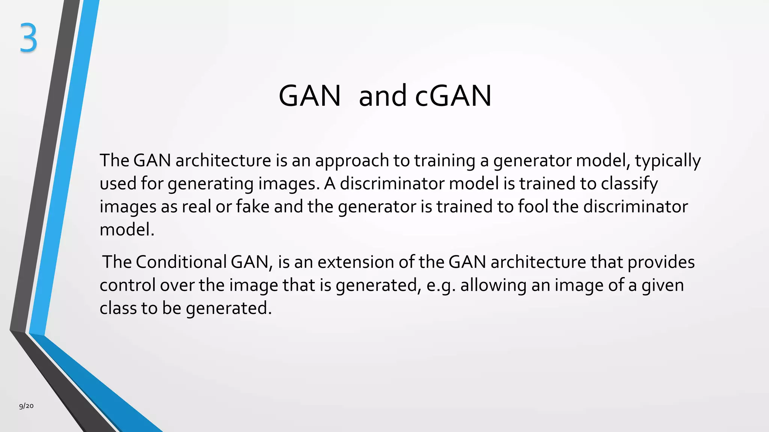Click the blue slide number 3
point(29,38)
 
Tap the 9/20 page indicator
point(26,406)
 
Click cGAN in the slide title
point(453,96)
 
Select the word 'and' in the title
point(383,96)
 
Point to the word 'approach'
point(352,161)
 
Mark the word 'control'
point(127,285)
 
